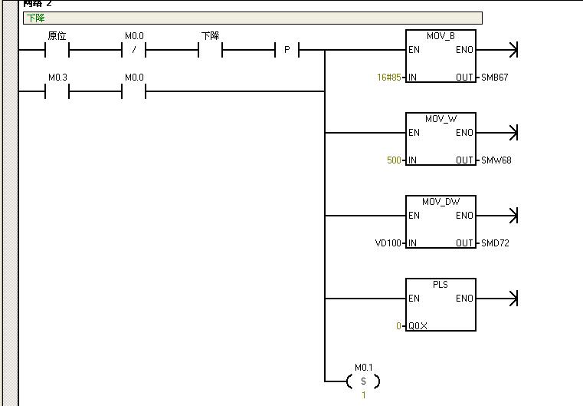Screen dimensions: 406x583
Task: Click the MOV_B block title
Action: click(x=441, y=36)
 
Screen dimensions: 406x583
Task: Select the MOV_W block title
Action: click(x=441, y=119)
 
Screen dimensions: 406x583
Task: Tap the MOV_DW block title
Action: click(x=441, y=202)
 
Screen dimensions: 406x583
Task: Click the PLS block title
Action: click(x=441, y=284)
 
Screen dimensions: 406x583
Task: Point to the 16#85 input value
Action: click(x=388, y=78)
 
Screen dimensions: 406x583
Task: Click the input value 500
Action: click(x=394, y=160)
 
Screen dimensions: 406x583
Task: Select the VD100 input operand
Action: click(x=389, y=243)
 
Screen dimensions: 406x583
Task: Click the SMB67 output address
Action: click(x=495, y=78)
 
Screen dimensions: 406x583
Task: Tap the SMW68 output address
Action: click(x=496, y=160)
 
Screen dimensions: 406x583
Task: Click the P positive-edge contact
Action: click(x=287, y=51)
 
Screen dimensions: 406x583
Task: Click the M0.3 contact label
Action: click(x=57, y=78)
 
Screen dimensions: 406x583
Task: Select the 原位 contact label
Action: click(x=57, y=36)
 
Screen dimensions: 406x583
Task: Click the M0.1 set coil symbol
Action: click(x=363, y=381)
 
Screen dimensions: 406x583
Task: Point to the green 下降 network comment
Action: click(x=35, y=18)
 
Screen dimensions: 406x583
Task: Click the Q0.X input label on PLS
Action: click(x=418, y=326)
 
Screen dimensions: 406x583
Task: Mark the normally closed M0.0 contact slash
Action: click(x=134, y=51)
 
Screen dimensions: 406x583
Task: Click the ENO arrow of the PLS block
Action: click(x=513, y=299)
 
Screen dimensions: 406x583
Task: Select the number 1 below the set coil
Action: click(x=364, y=395)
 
